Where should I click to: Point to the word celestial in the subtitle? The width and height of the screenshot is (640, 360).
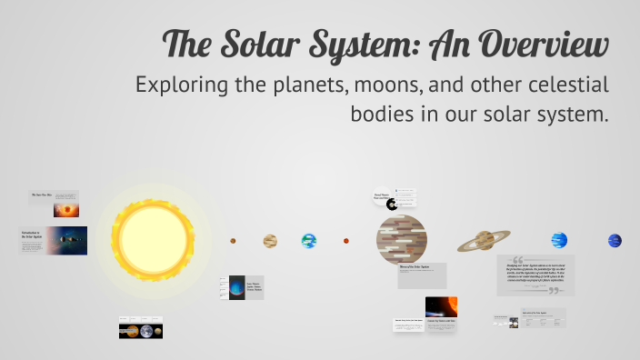562,85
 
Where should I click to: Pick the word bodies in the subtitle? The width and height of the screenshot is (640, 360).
382,115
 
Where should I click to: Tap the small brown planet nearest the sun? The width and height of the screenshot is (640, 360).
233,241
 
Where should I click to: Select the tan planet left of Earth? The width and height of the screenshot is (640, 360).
270,241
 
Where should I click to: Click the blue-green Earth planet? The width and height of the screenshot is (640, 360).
309,241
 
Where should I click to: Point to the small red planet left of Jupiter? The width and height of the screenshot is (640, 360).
346,241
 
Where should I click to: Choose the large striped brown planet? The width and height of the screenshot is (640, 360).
402,240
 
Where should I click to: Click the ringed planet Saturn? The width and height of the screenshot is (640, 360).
484,241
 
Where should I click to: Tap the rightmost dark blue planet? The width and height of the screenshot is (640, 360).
615,240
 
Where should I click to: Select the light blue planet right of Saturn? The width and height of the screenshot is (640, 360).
559,240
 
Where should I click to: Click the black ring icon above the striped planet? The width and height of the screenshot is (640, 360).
392,205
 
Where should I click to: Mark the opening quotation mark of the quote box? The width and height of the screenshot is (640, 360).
518,259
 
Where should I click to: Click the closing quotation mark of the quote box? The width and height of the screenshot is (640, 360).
555,291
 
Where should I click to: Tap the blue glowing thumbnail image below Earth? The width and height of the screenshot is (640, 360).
237,288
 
